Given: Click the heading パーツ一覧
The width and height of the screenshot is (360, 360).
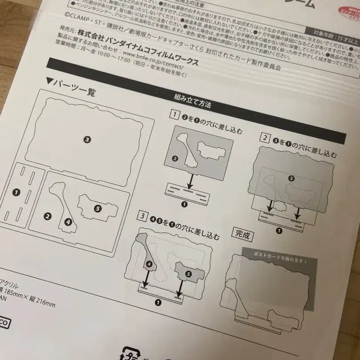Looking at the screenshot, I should point(74,88).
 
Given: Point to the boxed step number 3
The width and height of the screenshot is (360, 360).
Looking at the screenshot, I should point(142,216).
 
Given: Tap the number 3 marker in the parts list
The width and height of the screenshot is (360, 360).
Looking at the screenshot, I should point(87,139).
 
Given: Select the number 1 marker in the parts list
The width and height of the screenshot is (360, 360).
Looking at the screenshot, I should point(16,192).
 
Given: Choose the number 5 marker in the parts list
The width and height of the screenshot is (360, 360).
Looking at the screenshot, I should point(98,208).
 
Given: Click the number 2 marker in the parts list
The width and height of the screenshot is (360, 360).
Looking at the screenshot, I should point(48,216).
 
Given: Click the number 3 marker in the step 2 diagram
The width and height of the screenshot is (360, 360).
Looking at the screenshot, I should point(292,178).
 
